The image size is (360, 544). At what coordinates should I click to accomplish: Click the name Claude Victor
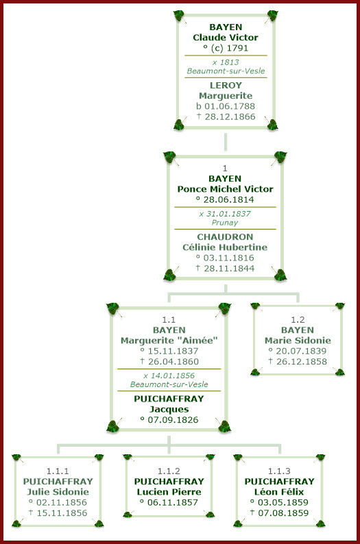tap(225, 37)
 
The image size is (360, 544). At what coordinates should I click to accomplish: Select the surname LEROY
tap(225, 85)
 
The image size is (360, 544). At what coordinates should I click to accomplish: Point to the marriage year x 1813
tap(225, 62)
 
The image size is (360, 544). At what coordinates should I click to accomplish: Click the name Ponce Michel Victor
tap(225, 189)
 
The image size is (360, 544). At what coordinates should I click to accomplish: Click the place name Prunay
tap(225, 223)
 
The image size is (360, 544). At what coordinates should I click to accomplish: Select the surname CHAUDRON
tap(225, 236)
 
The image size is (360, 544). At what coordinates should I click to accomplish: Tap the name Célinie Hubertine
tap(225, 247)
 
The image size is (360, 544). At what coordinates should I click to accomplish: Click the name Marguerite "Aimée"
tap(169, 341)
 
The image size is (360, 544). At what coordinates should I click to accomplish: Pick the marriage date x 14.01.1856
tap(169, 375)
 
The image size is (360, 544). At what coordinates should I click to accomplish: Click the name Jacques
tap(169, 409)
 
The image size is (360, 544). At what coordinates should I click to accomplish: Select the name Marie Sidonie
tap(298, 341)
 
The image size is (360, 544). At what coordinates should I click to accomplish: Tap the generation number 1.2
tap(298, 319)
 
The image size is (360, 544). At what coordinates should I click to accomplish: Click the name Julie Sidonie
tap(58, 491)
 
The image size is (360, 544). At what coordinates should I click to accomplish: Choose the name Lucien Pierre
tap(169, 491)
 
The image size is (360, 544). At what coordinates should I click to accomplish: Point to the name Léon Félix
tap(279, 491)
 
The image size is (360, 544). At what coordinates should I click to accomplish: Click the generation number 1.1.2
tap(169, 471)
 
